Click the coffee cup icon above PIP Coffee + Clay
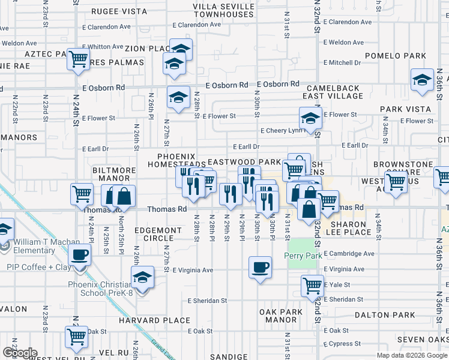[x=79, y=255]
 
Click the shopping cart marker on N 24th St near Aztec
[x=78, y=59]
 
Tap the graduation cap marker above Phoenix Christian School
[x=142, y=277]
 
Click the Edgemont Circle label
[x=158, y=234]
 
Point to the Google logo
[x=19, y=352]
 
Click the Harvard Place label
[x=163, y=320]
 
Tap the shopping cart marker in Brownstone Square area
[x=396, y=183]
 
